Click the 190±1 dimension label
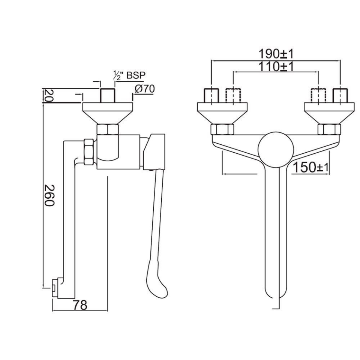pyautogui.click(x=276, y=54)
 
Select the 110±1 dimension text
pyautogui.click(x=276, y=67)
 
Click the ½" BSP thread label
pyautogui.click(x=129, y=75)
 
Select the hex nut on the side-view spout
pyautogui.click(x=88, y=151)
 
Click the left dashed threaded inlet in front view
pyautogui.click(x=232, y=96)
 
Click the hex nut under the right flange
pyautogui.click(x=329, y=130)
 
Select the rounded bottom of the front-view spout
pyautogui.click(x=276, y=292)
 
